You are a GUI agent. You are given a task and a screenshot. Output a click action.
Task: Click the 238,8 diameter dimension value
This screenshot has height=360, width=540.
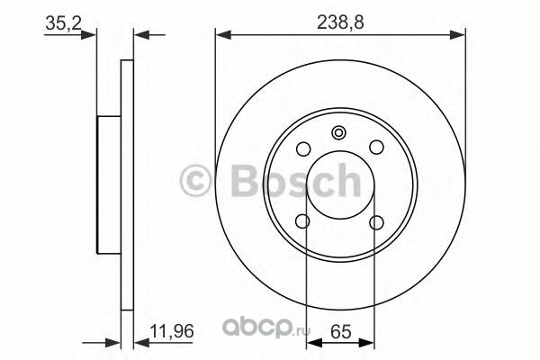340,22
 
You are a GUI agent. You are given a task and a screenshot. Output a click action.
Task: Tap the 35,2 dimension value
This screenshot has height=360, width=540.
63,23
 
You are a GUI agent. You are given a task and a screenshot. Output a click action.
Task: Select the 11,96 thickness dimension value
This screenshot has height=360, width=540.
172,331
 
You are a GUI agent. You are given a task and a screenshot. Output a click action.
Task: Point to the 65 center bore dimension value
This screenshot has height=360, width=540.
340,332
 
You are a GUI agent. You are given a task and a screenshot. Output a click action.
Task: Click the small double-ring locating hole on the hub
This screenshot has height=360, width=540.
338,133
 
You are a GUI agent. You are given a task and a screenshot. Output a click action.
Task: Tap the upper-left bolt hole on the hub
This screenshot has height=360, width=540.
303,148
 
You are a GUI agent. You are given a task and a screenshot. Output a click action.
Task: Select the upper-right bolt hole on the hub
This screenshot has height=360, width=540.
376,148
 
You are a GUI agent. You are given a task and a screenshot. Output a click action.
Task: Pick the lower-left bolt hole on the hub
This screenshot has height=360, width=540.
303,221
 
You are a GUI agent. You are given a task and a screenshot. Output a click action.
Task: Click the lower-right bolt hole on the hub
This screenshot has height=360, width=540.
376,222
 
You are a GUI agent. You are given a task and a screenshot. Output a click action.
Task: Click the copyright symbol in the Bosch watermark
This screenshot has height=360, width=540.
195,181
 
